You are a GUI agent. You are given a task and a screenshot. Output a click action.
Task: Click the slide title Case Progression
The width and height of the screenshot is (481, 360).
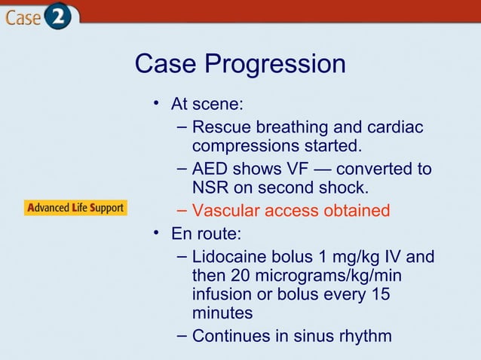point(240,64)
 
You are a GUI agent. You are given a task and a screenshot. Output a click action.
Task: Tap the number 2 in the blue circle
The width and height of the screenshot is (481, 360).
point(57,17)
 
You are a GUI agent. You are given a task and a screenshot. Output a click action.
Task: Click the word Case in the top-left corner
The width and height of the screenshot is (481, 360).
point(22,17)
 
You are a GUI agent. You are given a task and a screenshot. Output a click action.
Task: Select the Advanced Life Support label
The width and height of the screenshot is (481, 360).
point(75,208)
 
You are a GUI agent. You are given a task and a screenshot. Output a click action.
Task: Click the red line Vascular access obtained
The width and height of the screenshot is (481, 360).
point(291,210)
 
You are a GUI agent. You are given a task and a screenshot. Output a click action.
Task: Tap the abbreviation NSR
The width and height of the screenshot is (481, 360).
point(210,187)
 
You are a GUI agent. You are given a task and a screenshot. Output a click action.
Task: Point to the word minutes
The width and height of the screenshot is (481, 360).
point(222,313)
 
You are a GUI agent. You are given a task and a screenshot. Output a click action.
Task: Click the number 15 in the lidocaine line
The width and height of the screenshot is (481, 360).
point(379,294)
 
